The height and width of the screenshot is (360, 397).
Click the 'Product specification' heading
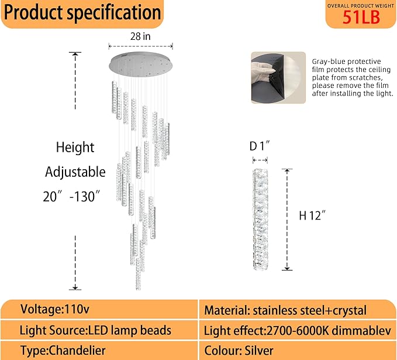[x=82, y=13]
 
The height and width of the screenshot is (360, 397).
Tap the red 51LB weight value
[x=361, y=18]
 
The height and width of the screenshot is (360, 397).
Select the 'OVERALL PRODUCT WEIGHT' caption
[x=361, y=5]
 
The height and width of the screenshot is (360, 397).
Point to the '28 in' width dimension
[x=141, y=36]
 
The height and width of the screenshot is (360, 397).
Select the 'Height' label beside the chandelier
[x=75, y=148]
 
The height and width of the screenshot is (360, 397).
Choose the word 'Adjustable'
[x=75, y=172]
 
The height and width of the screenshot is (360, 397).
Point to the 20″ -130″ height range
[x=72, y=197]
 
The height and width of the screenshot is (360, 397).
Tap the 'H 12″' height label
[x=312, y=215]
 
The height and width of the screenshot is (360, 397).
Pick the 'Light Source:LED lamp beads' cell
[x=95, y=330]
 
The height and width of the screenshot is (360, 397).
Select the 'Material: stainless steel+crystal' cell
[x=285, y=310]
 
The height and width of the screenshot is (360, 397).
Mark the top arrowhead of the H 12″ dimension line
[x=286, y=171]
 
